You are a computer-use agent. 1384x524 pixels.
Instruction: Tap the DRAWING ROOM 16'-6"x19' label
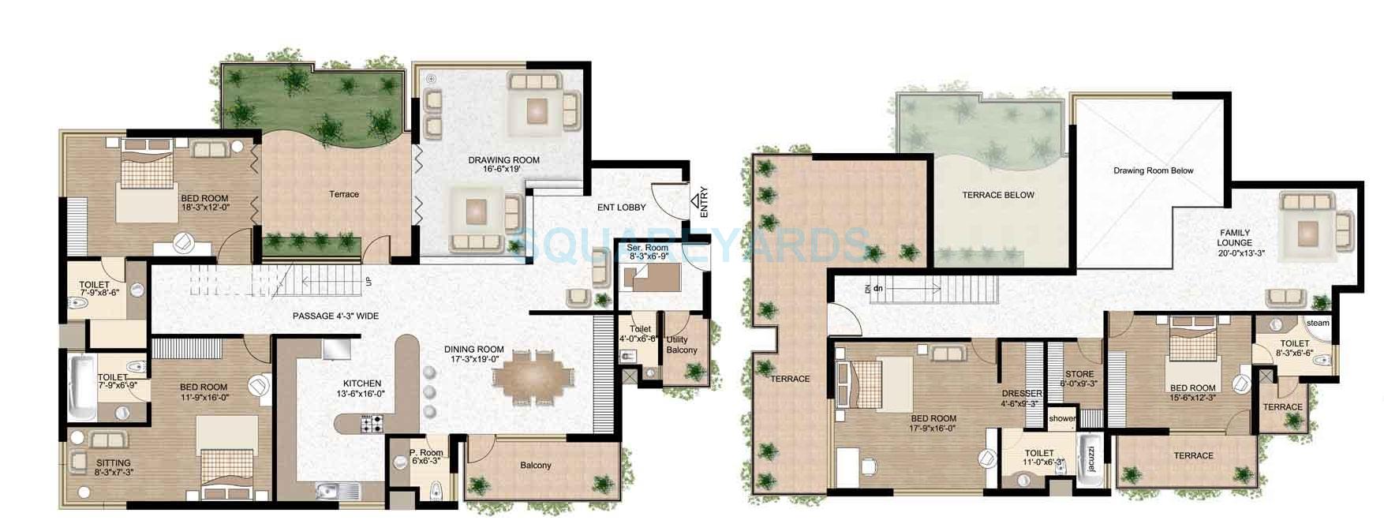503,164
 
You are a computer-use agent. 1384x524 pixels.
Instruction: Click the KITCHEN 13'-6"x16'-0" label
362,388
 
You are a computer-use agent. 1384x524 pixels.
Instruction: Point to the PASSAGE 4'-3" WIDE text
335,316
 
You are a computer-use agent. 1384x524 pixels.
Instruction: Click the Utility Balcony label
682,345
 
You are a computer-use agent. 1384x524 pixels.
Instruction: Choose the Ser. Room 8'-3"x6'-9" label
648,253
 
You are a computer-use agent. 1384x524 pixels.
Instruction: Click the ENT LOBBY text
621,208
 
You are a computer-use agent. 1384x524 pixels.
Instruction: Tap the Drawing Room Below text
1153,170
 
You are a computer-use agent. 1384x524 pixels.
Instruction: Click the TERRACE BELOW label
997,195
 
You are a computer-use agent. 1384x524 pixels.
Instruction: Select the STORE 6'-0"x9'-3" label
1079,379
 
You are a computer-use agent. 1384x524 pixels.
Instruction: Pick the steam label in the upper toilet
1317,323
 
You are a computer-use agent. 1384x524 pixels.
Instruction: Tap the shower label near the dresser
1062,418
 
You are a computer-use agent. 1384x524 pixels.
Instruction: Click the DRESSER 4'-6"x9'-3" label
1022,398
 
